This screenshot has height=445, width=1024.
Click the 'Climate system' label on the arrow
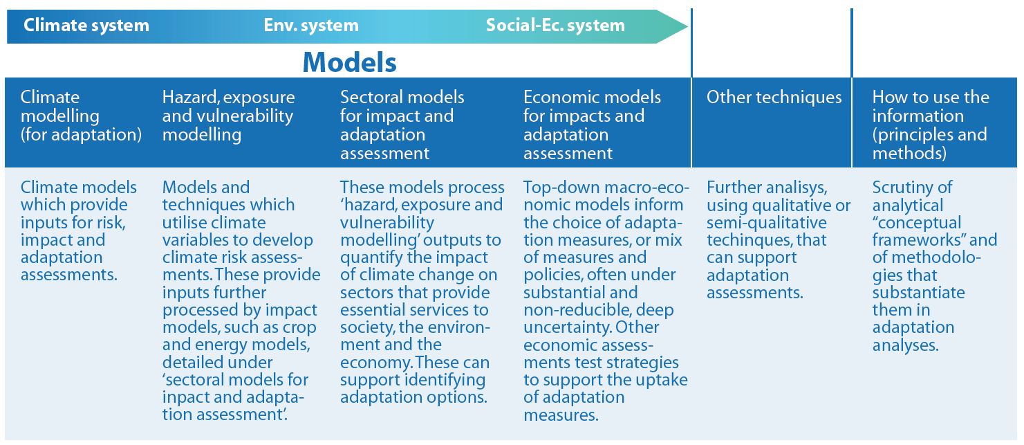pos(86,25)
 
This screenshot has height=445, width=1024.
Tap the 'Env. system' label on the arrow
pos(311,25)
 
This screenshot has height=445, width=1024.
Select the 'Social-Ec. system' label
pos(555,25)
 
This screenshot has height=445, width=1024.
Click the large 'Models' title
pos(349,62)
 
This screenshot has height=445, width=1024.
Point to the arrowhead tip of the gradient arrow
pos(687,26)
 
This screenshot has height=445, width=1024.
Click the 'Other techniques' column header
pos(774,97)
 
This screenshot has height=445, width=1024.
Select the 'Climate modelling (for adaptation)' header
pos(82,116)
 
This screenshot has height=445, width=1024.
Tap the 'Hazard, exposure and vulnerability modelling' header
pos(229,116)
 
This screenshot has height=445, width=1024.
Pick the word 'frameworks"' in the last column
pos(914,240)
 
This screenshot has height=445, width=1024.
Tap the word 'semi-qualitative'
pos(767,223)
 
